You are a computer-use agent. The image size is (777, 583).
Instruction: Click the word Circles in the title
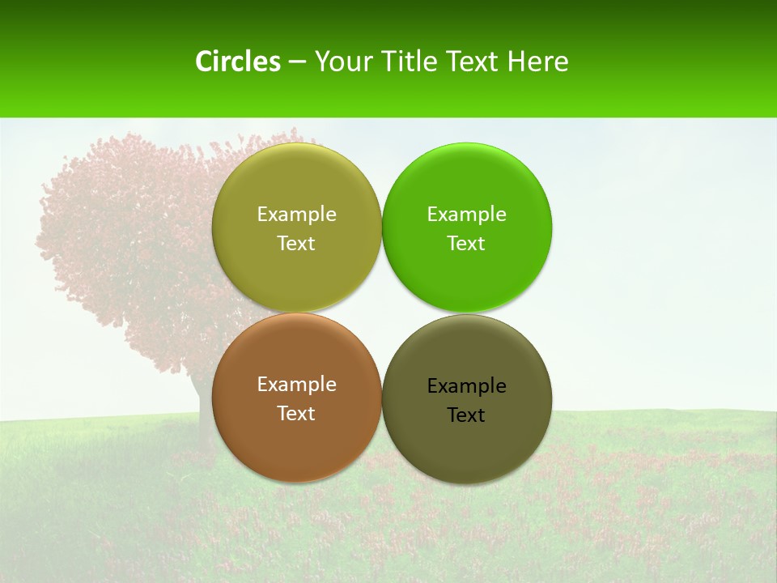238,62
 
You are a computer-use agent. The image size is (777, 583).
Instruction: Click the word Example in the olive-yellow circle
296,215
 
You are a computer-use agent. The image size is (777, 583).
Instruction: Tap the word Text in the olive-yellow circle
296,244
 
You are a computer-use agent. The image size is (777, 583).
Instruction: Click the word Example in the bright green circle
466,215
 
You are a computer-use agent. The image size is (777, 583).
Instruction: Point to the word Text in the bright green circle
466,244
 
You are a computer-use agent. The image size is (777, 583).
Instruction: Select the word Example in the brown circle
296,385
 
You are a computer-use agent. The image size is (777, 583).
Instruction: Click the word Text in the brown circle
296,414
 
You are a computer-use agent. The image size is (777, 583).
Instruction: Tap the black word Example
466,386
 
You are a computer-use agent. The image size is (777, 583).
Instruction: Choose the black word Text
466,415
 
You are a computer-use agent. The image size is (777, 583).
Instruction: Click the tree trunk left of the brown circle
199,405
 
